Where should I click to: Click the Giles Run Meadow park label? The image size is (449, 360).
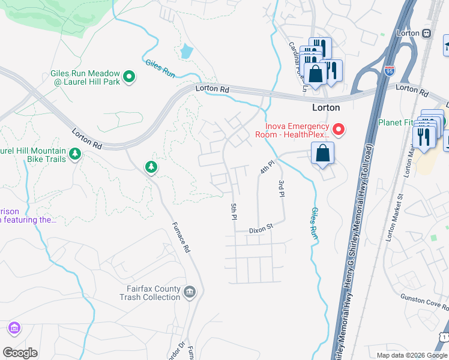coord(85,77)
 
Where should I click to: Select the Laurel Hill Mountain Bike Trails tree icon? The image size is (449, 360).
coord(75,154)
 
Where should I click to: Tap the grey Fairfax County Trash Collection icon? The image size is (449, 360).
coord(190,292)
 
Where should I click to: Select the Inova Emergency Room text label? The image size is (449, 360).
coord(298,130)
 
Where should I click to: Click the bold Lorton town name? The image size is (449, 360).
coord(326,108)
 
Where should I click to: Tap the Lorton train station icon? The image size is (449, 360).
coord(427,34)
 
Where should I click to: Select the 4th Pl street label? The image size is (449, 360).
coord(267,167)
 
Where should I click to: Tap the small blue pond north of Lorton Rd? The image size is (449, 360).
coord(187,52)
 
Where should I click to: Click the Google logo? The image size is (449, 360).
coord(20,353)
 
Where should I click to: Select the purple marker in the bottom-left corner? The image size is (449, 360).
coord(14,328)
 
